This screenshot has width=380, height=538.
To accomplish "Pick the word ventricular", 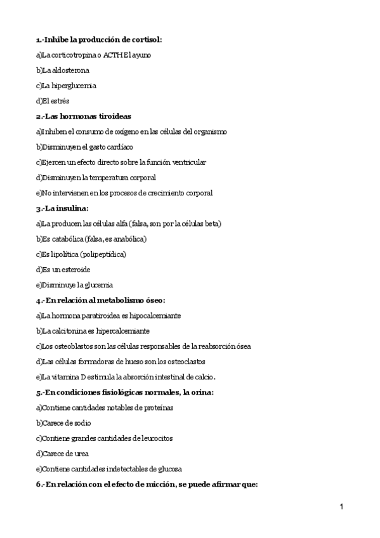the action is click(x=186, y=162).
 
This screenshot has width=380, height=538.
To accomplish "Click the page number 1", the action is click(x=341, y=507).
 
